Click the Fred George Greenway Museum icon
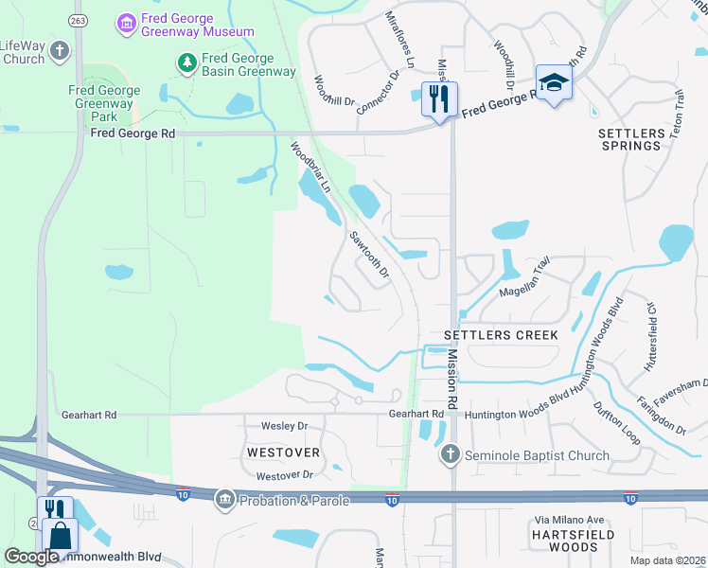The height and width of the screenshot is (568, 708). click(126, 21)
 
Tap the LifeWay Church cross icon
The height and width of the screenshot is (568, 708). click(60, 50)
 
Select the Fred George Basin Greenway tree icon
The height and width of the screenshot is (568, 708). click(187, 62)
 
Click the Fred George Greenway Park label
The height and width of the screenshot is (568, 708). click(104, 104)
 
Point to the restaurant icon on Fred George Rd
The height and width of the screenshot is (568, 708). click(438, 98)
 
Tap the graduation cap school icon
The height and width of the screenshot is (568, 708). click(554, 81)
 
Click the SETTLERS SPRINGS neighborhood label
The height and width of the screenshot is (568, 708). click(630, 139)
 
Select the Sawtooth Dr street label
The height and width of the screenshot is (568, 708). click(369, 255)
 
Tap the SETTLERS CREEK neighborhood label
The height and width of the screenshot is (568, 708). click(501, 336)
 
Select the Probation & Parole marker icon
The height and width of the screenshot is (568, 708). click(224, 498)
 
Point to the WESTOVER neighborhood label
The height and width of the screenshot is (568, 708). click(282, 453)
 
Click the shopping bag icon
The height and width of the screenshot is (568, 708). click(60, 536)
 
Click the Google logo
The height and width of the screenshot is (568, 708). click(31, 557)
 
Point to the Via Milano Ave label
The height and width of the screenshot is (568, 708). click(570, 520)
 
